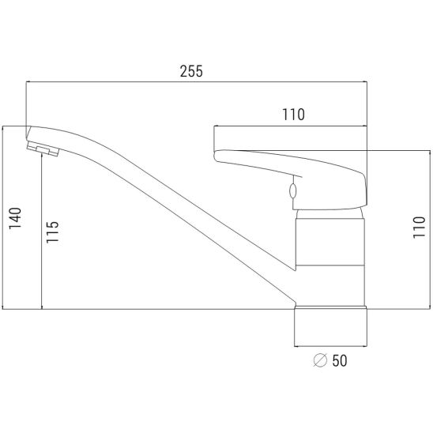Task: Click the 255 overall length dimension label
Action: coord(191,71)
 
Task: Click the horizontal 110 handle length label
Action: coord(294,115)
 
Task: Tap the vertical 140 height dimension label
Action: coord(15,218)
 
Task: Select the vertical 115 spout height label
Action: coord(52,232)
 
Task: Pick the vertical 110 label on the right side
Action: coord(419,228)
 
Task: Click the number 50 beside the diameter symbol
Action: coord(340,360)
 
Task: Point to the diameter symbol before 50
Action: coord(320,360)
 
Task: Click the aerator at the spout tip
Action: coord(43,149)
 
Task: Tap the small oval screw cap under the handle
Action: coord(293,190)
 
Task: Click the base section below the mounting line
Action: coord(330,326)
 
